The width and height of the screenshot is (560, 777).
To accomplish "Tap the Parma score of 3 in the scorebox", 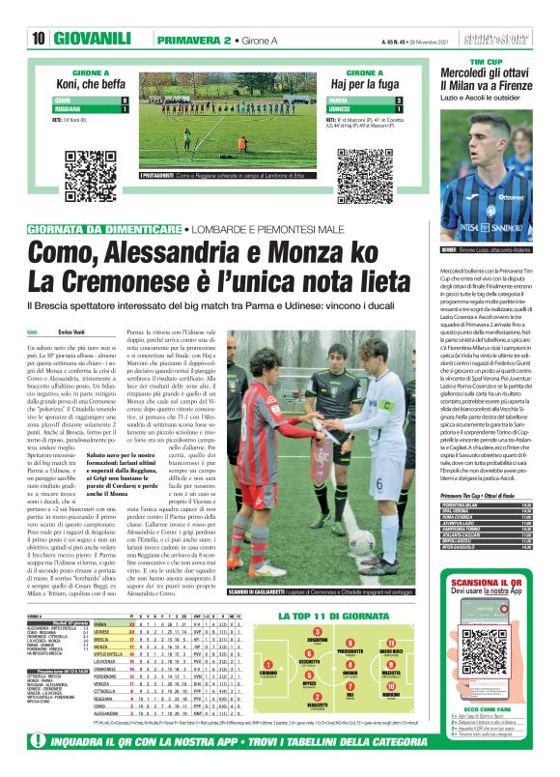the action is click(x=399, y=101).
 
